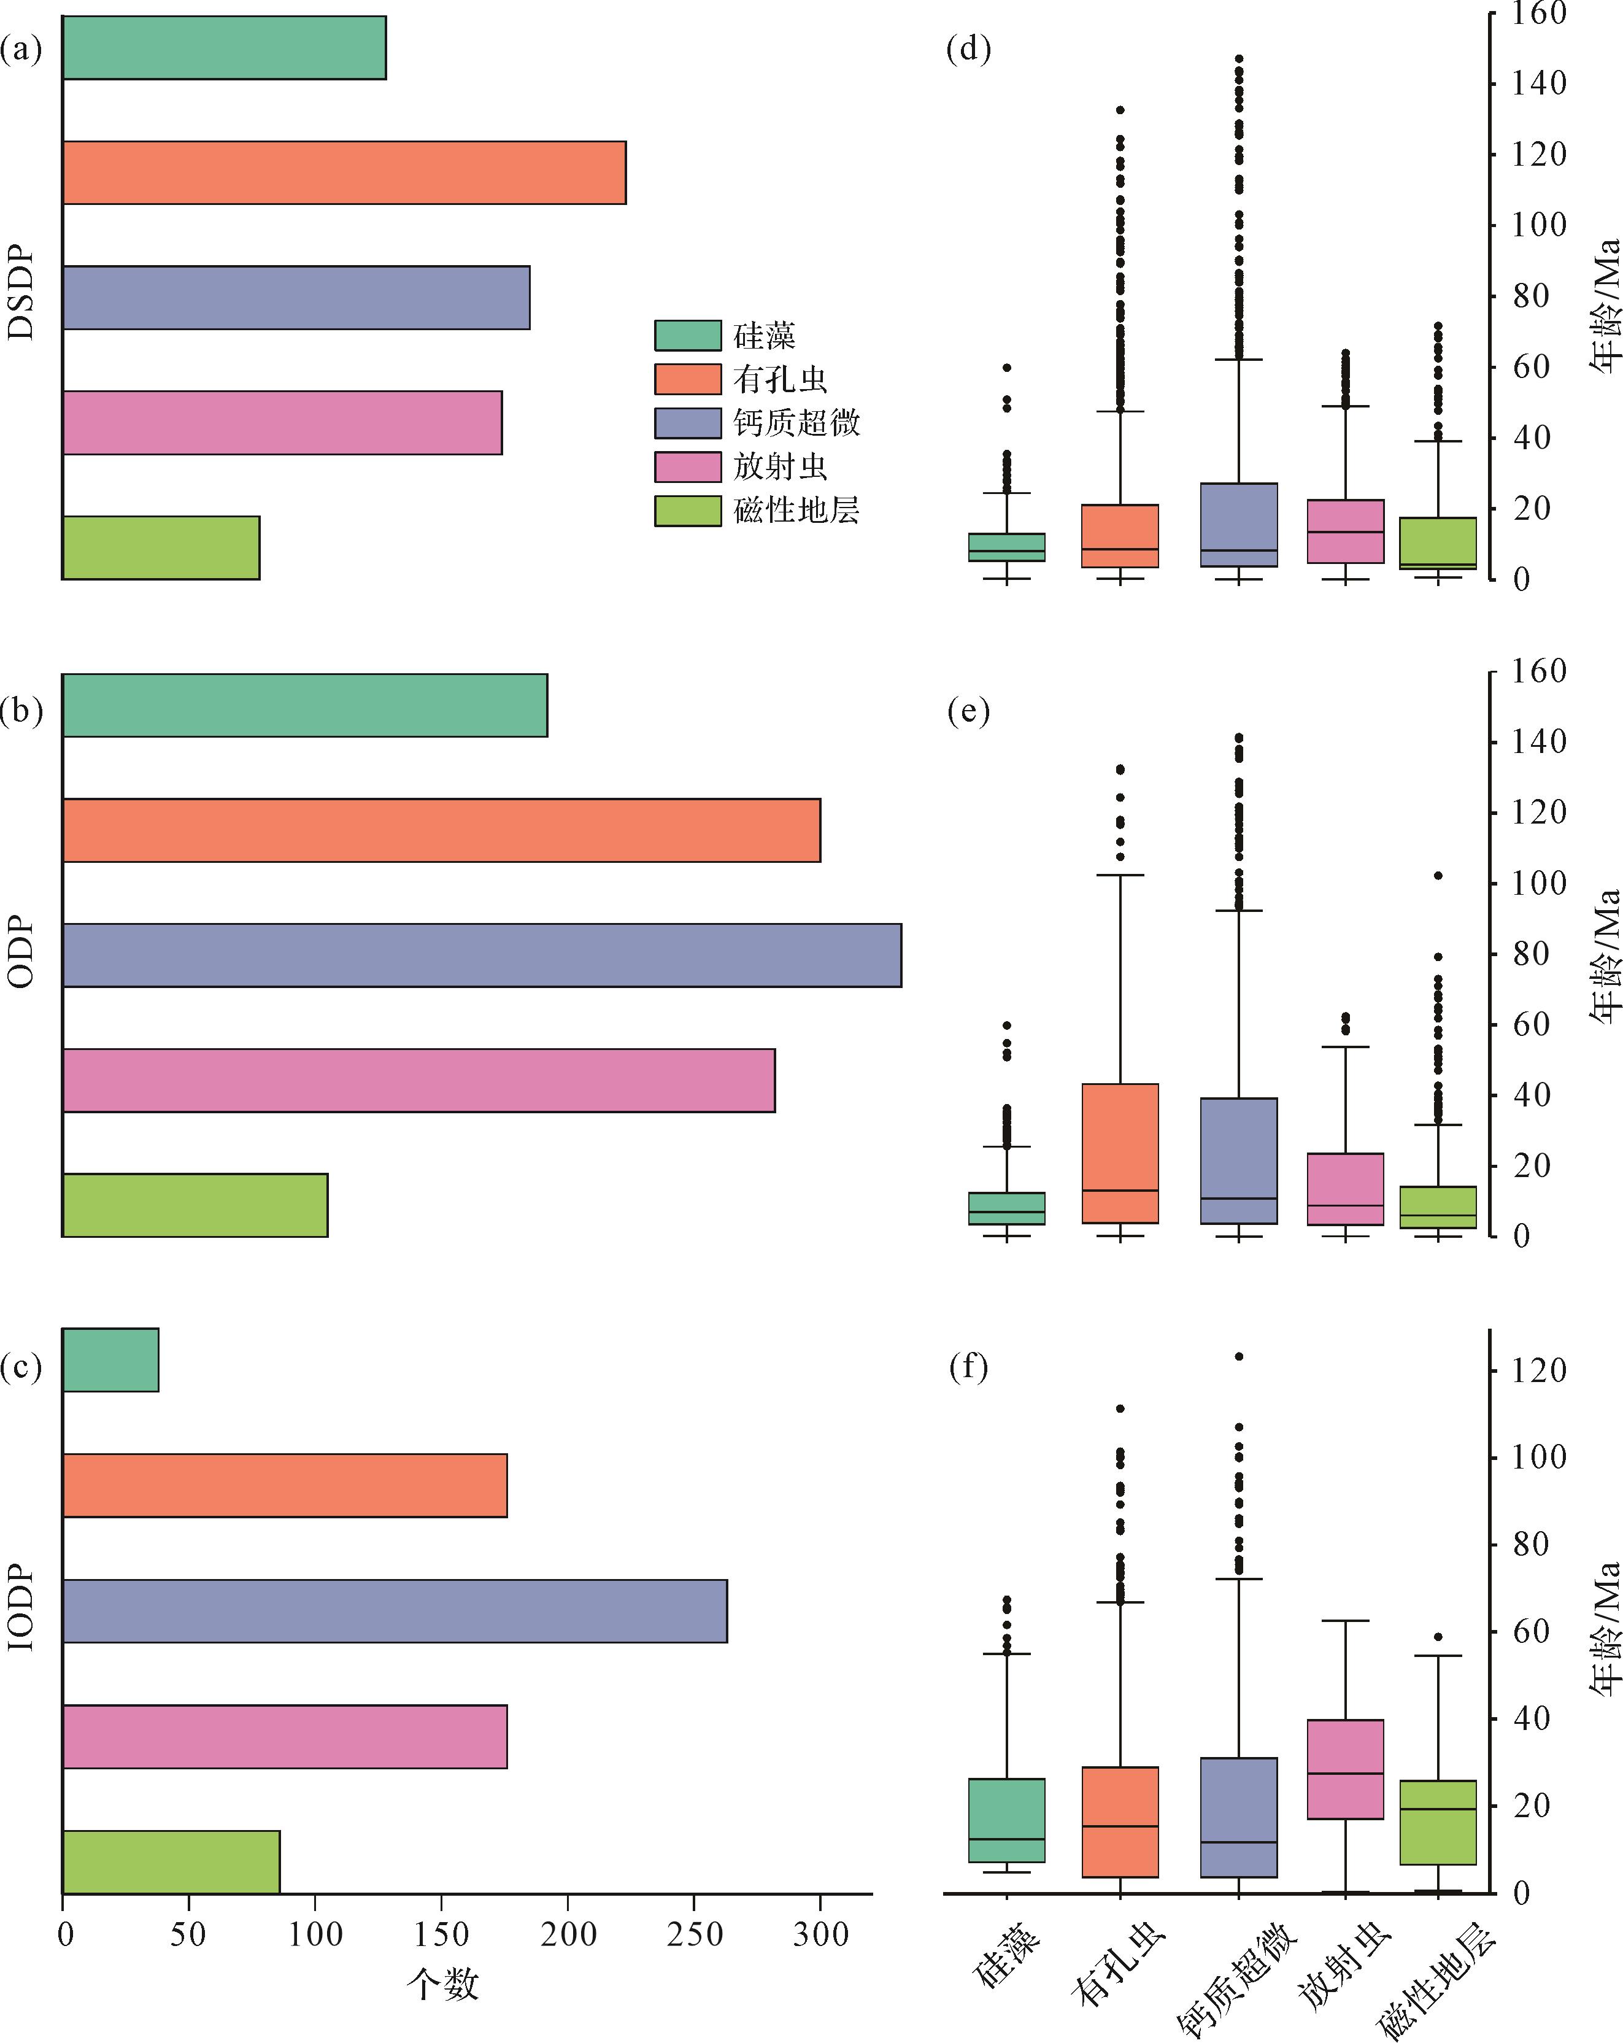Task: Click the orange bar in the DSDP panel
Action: click(x=344, y=172)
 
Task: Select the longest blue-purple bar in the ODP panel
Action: click(x=481, y=955)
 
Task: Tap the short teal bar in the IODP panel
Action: click(x=111, y=1360)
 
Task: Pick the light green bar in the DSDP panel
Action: click(x=161, y=547)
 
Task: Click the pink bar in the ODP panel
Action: click(x=418, y=1080)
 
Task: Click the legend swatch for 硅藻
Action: click(x=688, y=336)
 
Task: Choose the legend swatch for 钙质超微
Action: click(x=688, y=423)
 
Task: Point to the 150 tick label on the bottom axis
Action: click(x=442, y=1934)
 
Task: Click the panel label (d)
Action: click(x=968, y=48)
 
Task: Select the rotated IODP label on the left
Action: click(x=21, y=1608)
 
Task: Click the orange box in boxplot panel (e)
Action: click(x=1120, y=1153)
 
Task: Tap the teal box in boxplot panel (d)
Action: click(x=1006, y=547)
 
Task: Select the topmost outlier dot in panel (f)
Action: click(x=1238, y=1356)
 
